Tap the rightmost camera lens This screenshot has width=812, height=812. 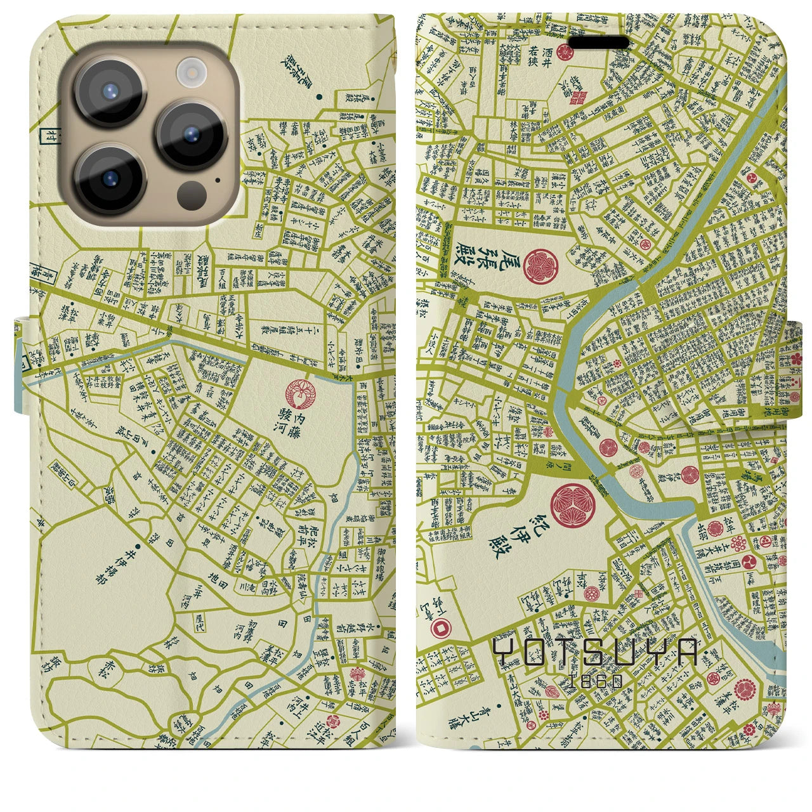click(x=192, y=134)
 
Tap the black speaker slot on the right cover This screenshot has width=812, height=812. click(x=599, y=43)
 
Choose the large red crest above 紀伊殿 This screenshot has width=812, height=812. click(x=573, y=505)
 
